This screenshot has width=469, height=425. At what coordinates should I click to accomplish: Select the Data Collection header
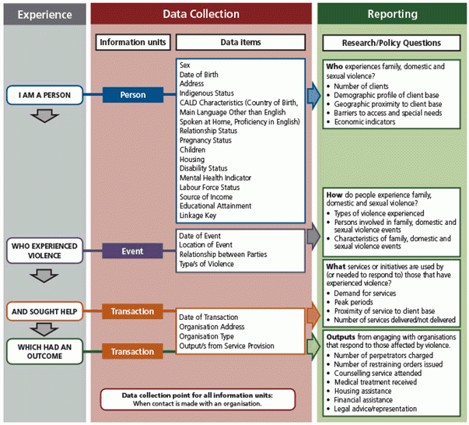point(201,14)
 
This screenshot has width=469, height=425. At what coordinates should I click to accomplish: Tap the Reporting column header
point(391,14)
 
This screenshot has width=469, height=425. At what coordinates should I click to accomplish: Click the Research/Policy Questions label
point(391,42)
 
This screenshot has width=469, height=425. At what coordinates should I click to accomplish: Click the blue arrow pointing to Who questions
point(313,95)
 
